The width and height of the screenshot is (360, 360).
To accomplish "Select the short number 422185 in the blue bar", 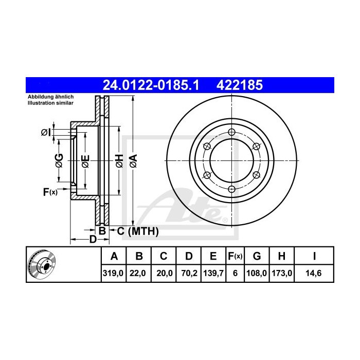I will (x=242, y=84).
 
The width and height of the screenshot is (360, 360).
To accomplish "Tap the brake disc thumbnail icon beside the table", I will (x=43, y=264).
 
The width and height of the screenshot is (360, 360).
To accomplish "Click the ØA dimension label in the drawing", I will (x=133, y=161).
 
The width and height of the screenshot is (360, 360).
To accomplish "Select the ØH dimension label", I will (x=119, y=161).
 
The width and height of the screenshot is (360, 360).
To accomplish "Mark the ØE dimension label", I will (x=85, y=161).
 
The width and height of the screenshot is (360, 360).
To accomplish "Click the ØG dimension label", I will (x=59, y=161).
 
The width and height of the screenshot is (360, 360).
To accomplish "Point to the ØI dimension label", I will (x=46, y=133).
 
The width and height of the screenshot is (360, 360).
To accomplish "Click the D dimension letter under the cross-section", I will (x=93, y=240).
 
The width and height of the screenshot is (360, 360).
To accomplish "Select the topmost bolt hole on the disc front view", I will (x=232, y=131).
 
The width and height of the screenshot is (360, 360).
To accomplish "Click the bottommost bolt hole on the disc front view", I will (x=232, y=189).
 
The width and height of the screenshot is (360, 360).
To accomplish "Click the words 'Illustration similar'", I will (x=50, y=103).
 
